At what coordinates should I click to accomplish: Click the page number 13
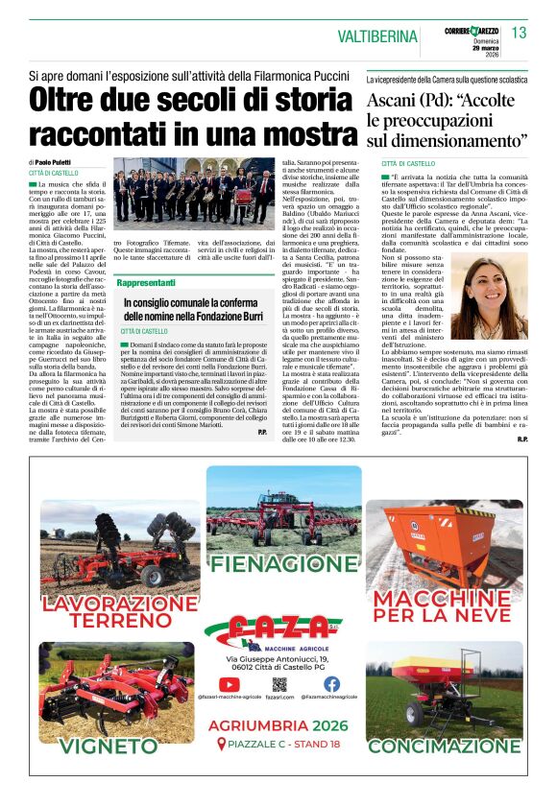pos(519,34)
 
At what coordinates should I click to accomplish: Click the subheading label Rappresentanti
pos(146,283)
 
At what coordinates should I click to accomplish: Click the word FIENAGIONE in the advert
pos(278,564)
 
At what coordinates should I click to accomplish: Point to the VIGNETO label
pos(95,745)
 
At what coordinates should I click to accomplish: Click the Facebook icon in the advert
pos(331,684)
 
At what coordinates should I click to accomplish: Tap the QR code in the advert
pos(279,684)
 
